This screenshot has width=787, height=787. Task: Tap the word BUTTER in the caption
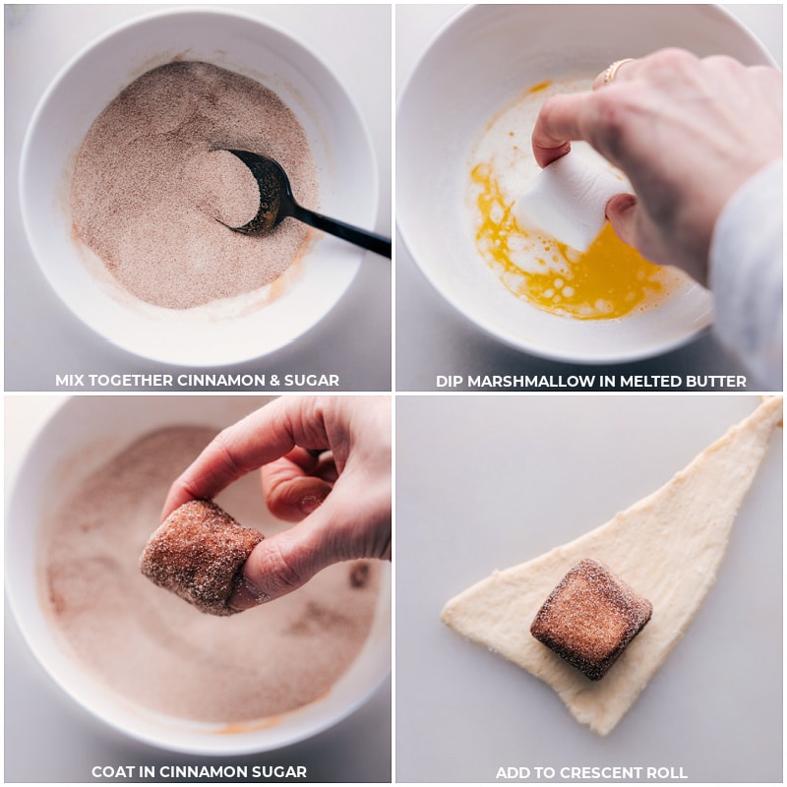click(714, 381)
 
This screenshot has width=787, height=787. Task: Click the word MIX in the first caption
click(69, 381)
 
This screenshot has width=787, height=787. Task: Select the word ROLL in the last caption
click(667, 772)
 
